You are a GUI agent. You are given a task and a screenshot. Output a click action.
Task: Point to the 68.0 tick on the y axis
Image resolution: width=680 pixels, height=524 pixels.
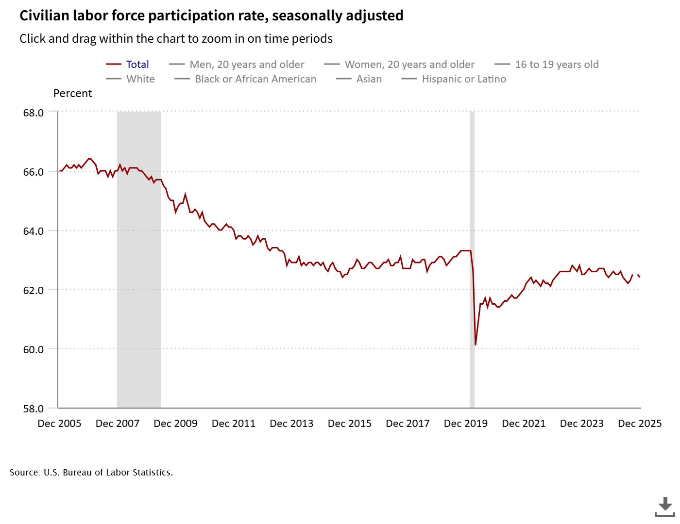(x=34, y=113)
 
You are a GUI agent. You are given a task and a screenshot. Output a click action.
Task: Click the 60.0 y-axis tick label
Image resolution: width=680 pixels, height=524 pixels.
(x=34, y=349)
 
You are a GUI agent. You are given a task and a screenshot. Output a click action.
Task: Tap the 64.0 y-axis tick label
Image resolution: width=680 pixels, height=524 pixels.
(x=34, y=231)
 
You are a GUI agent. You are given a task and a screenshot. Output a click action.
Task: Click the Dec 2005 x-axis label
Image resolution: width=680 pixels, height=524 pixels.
(x=59, y=424)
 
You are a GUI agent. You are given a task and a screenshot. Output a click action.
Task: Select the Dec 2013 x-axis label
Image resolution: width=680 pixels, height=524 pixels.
(x=291, y=424)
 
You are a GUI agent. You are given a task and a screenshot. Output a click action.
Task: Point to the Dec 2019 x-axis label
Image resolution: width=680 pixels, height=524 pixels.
(x=465, y=424)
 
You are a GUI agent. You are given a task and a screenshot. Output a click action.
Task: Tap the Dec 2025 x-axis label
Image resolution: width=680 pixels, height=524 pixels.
(x=639, y=424)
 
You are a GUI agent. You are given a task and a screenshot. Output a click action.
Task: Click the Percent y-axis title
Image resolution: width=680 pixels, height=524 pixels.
(x=72, y=94)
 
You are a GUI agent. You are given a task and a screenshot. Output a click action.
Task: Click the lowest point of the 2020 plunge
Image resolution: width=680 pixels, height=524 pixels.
(x=476, y=345)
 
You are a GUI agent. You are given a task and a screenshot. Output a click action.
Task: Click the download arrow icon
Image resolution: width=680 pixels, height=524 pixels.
(x=665, y=506)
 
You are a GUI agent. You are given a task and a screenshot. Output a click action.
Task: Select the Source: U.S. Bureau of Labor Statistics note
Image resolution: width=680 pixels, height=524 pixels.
(x=91, y=473)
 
